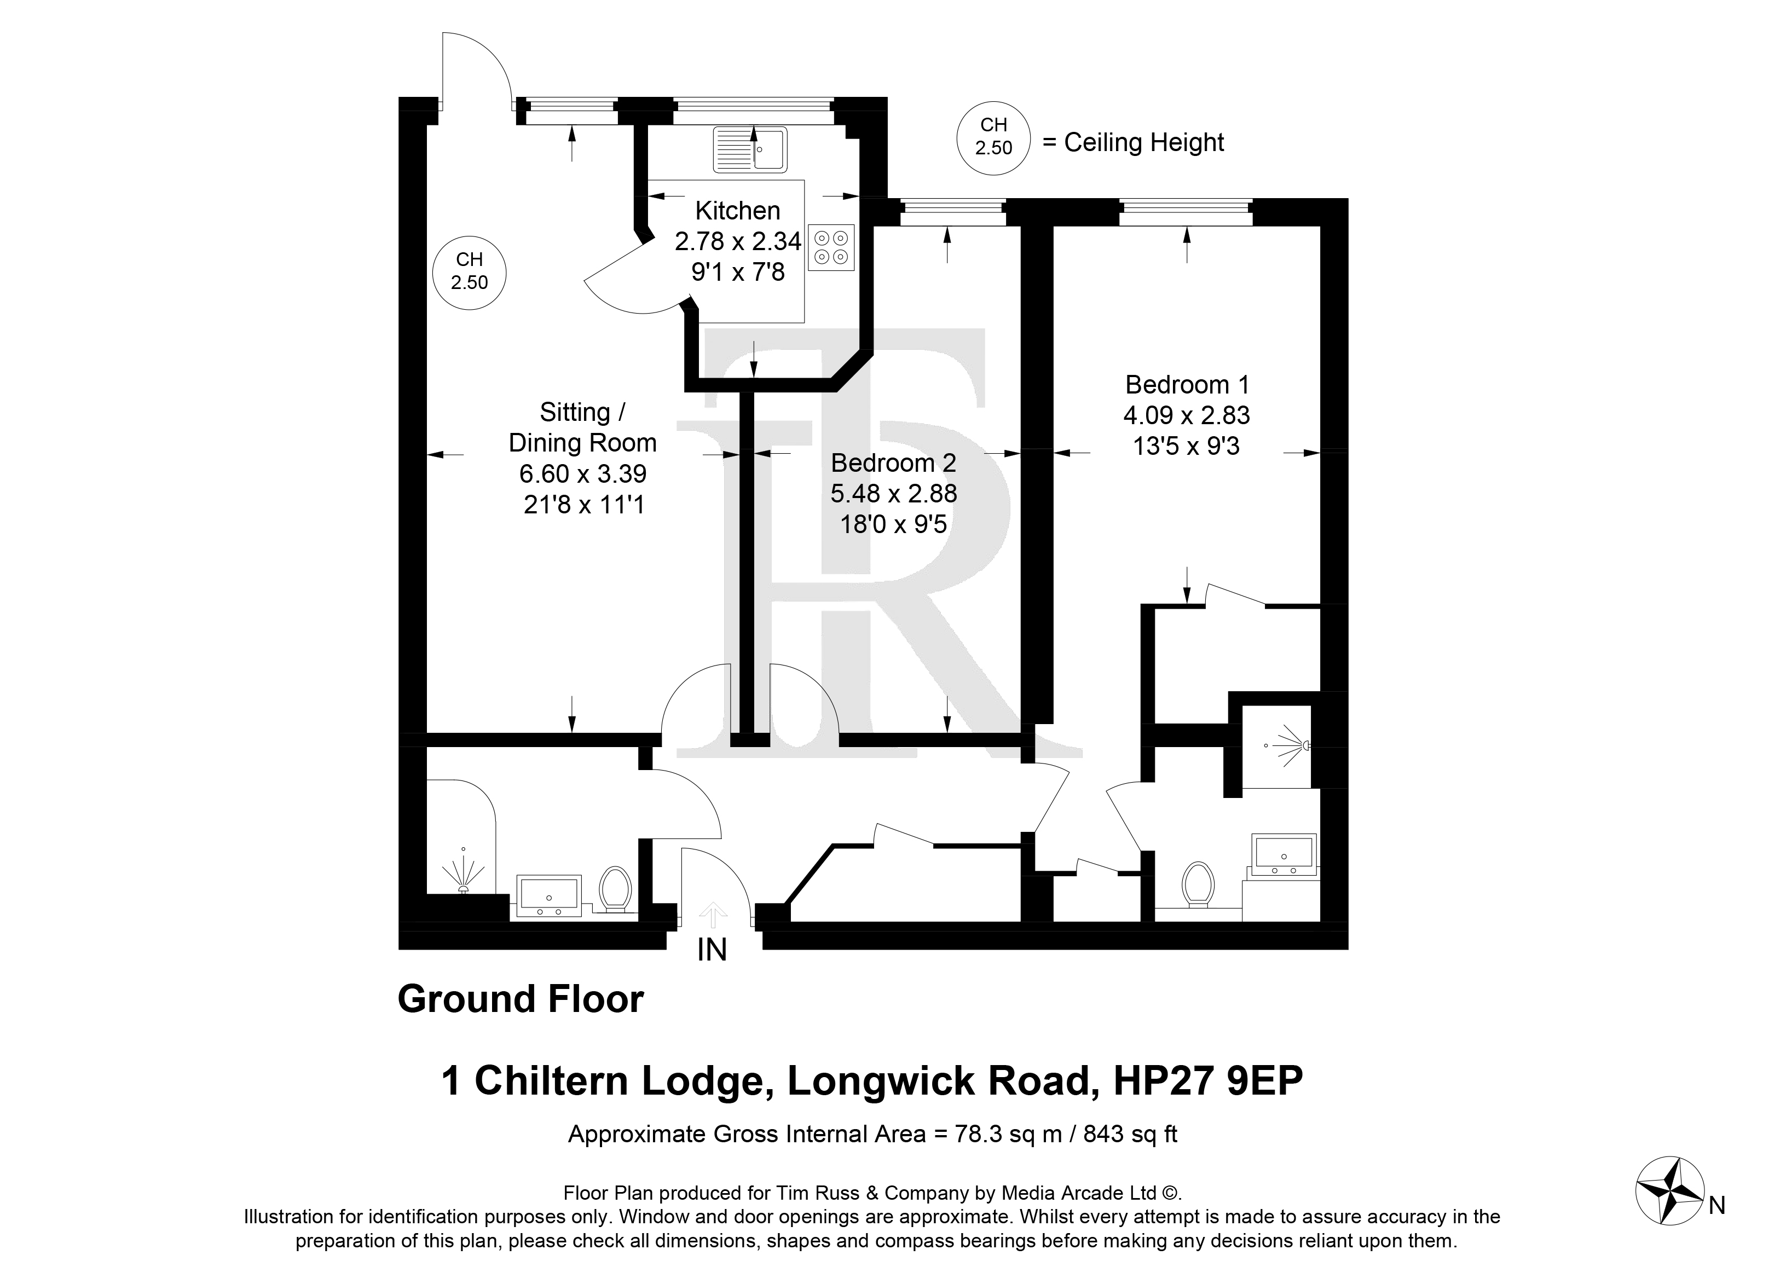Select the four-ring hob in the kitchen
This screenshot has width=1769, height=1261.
[831, 247]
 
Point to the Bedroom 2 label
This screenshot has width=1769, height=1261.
[893, 463]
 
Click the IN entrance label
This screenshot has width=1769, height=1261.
[712, 950]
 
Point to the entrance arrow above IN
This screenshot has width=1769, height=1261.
[712, 914]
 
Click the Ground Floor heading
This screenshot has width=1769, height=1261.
[521, 999]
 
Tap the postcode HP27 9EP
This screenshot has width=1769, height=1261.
[1209, 1081]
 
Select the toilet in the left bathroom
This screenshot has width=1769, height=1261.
[615, 888]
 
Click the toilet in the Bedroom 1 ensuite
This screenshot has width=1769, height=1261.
[1198, 883]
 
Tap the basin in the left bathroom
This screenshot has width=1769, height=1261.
[549, 895]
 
